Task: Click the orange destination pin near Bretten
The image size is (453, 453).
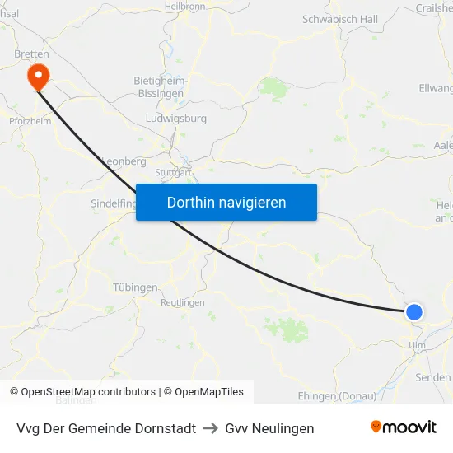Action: [x=38, y=77]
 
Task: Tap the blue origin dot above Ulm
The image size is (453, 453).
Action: [x=414, y=311]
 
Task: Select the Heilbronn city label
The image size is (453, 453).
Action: [x=184, y=6]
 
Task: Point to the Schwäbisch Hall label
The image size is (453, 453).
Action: [x=340, y=19]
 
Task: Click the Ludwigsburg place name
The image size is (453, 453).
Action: [x=175, y=119]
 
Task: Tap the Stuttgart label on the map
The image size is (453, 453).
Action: [x=174, y=173]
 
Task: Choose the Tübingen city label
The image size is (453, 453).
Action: [x=134, y=287]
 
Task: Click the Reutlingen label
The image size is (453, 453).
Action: [x=182, y=303]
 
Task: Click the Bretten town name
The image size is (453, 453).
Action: [x=31, y=54]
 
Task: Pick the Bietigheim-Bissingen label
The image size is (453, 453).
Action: [x=161, y=87]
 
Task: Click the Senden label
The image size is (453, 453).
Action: [x=433, y=377]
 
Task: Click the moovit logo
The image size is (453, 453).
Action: [x=404, y=427]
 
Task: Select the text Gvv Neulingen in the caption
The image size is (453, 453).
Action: [x=269, y=428]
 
